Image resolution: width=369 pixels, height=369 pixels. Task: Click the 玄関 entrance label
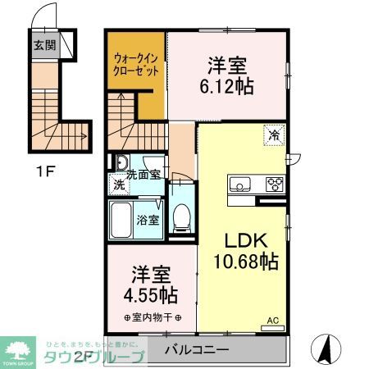[43, 44]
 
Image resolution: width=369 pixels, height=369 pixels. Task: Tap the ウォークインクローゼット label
[136, 64]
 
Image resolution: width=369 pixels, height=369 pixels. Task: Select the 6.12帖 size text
[225, 85]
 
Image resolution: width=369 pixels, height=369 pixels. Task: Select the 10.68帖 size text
[246, 262]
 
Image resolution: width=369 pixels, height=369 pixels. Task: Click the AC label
[273, 321]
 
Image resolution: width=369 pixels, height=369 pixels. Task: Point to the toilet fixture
[182, 215]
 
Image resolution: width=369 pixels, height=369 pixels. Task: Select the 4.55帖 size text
[149, 294]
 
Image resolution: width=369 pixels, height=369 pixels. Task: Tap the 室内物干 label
[153, 317]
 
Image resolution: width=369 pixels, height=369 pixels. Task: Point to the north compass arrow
[326, 351]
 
